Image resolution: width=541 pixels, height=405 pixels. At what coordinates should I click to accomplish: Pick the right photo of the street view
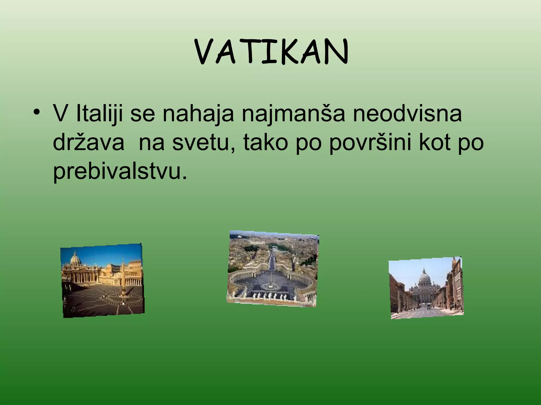coord(426,288)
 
